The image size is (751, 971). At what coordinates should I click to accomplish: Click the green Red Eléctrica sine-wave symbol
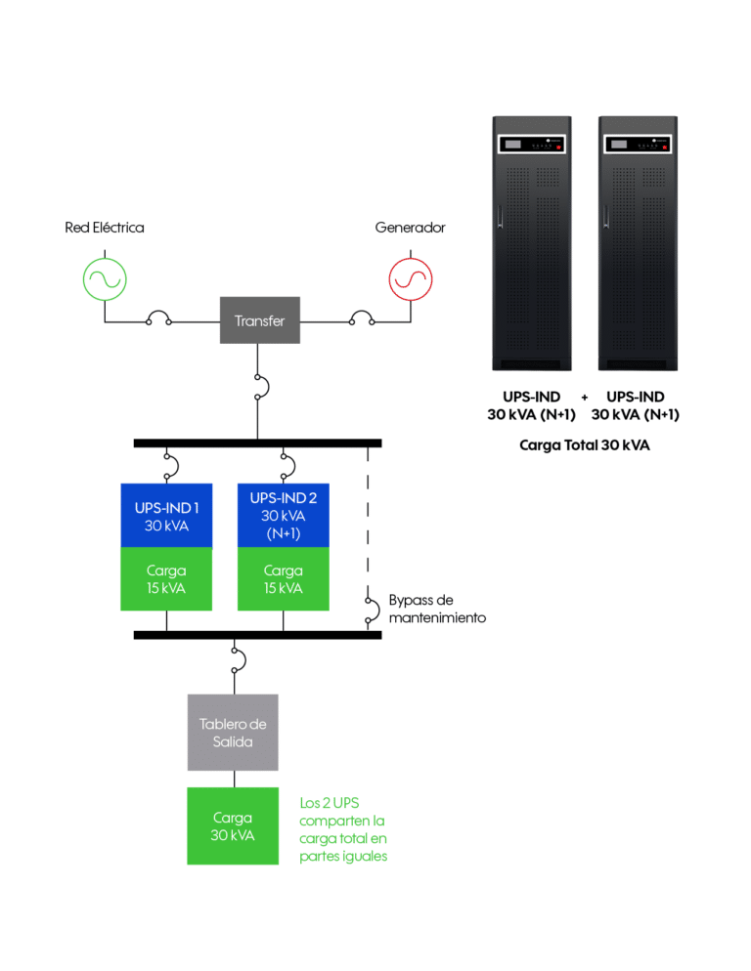104,277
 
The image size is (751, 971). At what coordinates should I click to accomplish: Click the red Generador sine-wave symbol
410,277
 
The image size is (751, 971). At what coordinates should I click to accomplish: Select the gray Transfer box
259,320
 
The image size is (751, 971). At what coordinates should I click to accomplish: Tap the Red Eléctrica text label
104,228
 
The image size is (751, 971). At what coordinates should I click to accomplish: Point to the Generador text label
410,228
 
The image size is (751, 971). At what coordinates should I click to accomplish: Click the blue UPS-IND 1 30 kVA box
166,515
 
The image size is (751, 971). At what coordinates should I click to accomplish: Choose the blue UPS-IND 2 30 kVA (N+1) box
284,515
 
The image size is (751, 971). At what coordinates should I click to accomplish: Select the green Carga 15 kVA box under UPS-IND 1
166,578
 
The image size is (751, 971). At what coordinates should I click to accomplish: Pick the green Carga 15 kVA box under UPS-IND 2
284,578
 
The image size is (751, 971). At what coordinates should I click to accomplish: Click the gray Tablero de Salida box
233,733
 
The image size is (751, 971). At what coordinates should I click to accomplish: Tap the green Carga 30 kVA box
233,825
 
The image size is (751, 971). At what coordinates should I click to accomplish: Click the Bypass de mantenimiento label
436,609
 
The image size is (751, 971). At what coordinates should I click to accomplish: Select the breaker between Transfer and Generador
362,318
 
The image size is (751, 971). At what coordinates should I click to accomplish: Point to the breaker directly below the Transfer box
258,386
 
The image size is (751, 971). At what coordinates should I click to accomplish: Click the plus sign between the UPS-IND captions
584,398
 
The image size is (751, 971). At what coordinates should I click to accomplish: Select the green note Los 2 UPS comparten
343,828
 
